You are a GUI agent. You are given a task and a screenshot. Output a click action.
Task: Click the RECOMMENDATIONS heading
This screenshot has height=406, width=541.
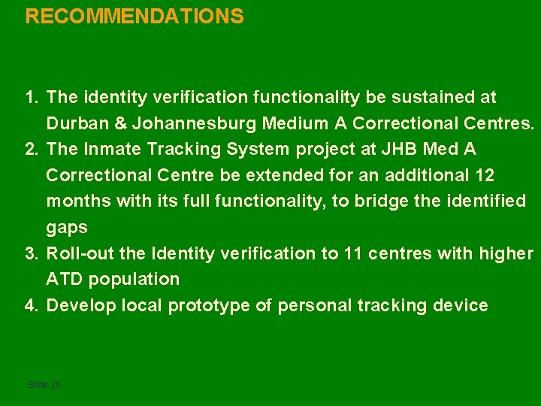tap(134, 17)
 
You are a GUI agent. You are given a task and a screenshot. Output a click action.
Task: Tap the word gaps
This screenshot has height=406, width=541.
tap(67, 227)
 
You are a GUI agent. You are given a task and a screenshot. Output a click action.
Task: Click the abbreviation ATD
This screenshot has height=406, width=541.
tap(65, 279)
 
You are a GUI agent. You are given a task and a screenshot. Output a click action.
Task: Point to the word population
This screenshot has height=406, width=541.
tap(134, 280)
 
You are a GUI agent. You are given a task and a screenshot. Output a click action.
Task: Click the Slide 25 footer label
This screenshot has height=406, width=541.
tap(44, 385)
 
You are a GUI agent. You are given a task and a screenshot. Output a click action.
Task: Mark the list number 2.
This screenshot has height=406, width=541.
tap(31, 149)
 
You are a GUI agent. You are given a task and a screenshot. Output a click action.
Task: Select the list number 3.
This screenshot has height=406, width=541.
tap(31, 253)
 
